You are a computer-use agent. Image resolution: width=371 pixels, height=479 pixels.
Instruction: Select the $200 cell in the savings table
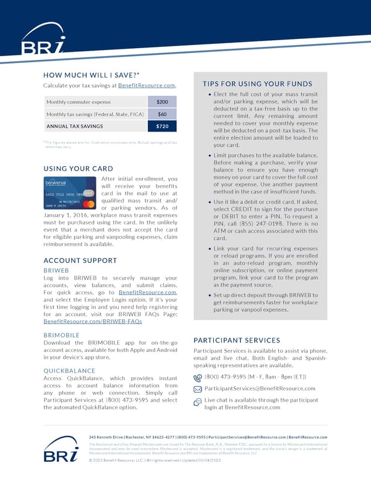coord(162,101)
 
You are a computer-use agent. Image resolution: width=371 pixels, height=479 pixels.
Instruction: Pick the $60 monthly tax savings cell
coord(162,114)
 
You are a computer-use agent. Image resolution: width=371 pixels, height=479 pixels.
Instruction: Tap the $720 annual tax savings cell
coord(162,127)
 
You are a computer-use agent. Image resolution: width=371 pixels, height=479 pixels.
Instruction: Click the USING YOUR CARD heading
coord(78,169)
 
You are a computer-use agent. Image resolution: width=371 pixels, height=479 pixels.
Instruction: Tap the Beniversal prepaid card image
coord(69,193)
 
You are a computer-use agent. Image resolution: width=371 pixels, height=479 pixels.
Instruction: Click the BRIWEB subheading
coord(56,270)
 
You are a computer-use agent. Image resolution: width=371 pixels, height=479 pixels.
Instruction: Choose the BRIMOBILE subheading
coord(62,335)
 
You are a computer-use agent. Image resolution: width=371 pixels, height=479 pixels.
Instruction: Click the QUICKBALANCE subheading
coord(69,371)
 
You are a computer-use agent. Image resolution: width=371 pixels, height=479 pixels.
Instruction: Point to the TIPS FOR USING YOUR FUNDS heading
coord(257,84)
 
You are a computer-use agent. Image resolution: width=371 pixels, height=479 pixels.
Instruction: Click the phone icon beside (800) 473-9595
coord(198,377)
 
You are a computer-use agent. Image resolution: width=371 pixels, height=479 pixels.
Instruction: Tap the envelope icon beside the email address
coord(198,389)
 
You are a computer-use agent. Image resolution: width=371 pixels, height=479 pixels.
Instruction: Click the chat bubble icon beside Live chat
coord(198,402)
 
